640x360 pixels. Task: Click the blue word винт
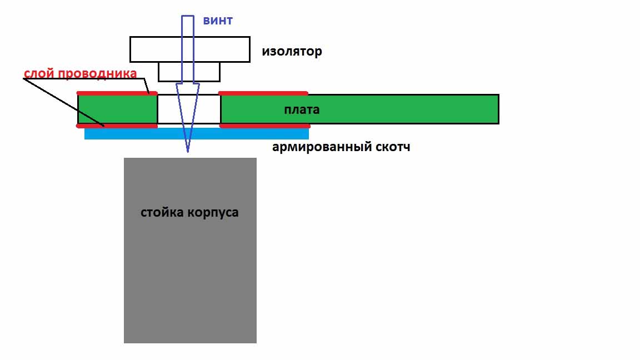tap(218, 21)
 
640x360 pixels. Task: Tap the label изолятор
tap(292, 52)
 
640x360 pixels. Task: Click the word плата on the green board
tap(302, 110)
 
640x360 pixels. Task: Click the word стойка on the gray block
tap(162, 212)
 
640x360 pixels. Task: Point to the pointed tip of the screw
tap(188, 152)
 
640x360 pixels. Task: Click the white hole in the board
tap(168, 109)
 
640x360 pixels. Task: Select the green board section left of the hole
tap(118, 109)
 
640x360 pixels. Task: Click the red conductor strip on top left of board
tap(117, 93)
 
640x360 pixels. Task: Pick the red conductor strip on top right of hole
tap(263, 93)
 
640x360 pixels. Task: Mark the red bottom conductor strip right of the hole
tap(265, 126)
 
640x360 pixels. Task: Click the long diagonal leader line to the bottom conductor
tap(64, 102)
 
